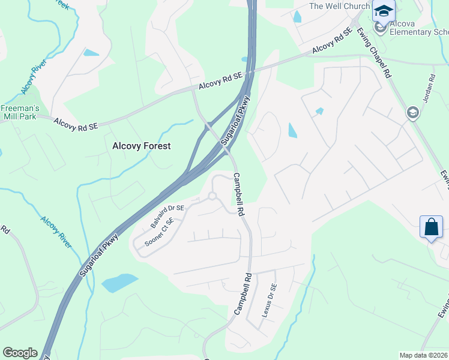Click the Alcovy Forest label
(142, 146)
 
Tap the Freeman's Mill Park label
(19, 113)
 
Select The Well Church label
(339, 7)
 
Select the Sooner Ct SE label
(159, 233)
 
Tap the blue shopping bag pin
(432, 227)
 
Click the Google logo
(20, 353)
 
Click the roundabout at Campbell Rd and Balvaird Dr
(212, 196)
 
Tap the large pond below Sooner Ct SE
(119, 282)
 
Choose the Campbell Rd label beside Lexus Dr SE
(242, 295)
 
